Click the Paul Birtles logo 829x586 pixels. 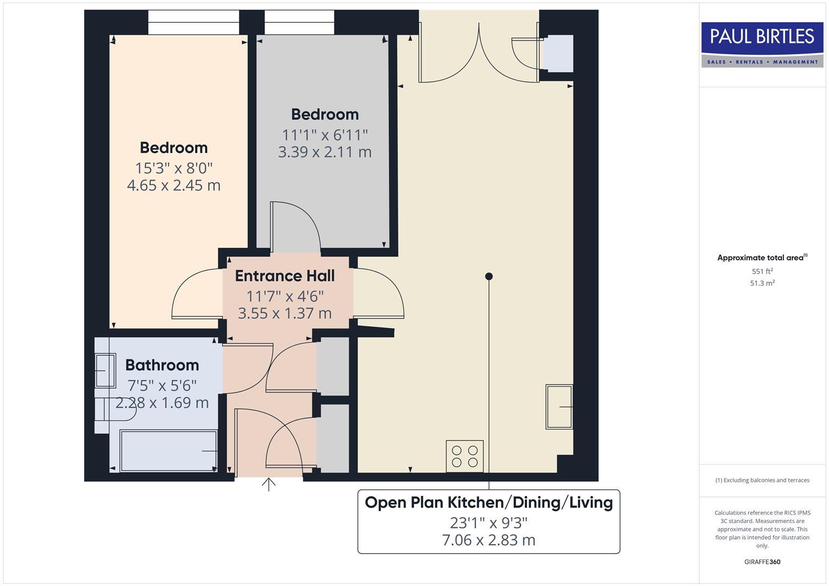[x=762, y=44]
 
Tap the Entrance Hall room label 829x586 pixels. [x=284, y=276]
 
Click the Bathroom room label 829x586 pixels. [x=162, y=365]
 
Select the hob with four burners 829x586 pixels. [x=465, y=456]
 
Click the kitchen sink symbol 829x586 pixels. [x=559, y=406]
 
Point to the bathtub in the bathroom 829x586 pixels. [x=169, y=451]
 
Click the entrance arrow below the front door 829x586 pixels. [x=269, y=484]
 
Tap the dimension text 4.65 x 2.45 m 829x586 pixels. [x=174, y=186]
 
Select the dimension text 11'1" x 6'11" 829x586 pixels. [x=325, y=135]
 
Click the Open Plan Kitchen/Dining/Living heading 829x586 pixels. [x=489, y=502]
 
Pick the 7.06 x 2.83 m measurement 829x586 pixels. [x=489, y=540]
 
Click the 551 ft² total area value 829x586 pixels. [x=762, y=271]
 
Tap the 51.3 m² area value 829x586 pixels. [x=762, y=283]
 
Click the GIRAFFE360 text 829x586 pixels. [x=762, y=562]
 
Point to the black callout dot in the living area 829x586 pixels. [x=489, y=276]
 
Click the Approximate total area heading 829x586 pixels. [x=762, y=258]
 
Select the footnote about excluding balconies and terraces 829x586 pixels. [x=762, y=480]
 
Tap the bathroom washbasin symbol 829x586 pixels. [x=105, y=371]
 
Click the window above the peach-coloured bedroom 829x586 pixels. [x=193, y=22]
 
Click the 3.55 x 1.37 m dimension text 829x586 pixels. [x=284, y=314]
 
